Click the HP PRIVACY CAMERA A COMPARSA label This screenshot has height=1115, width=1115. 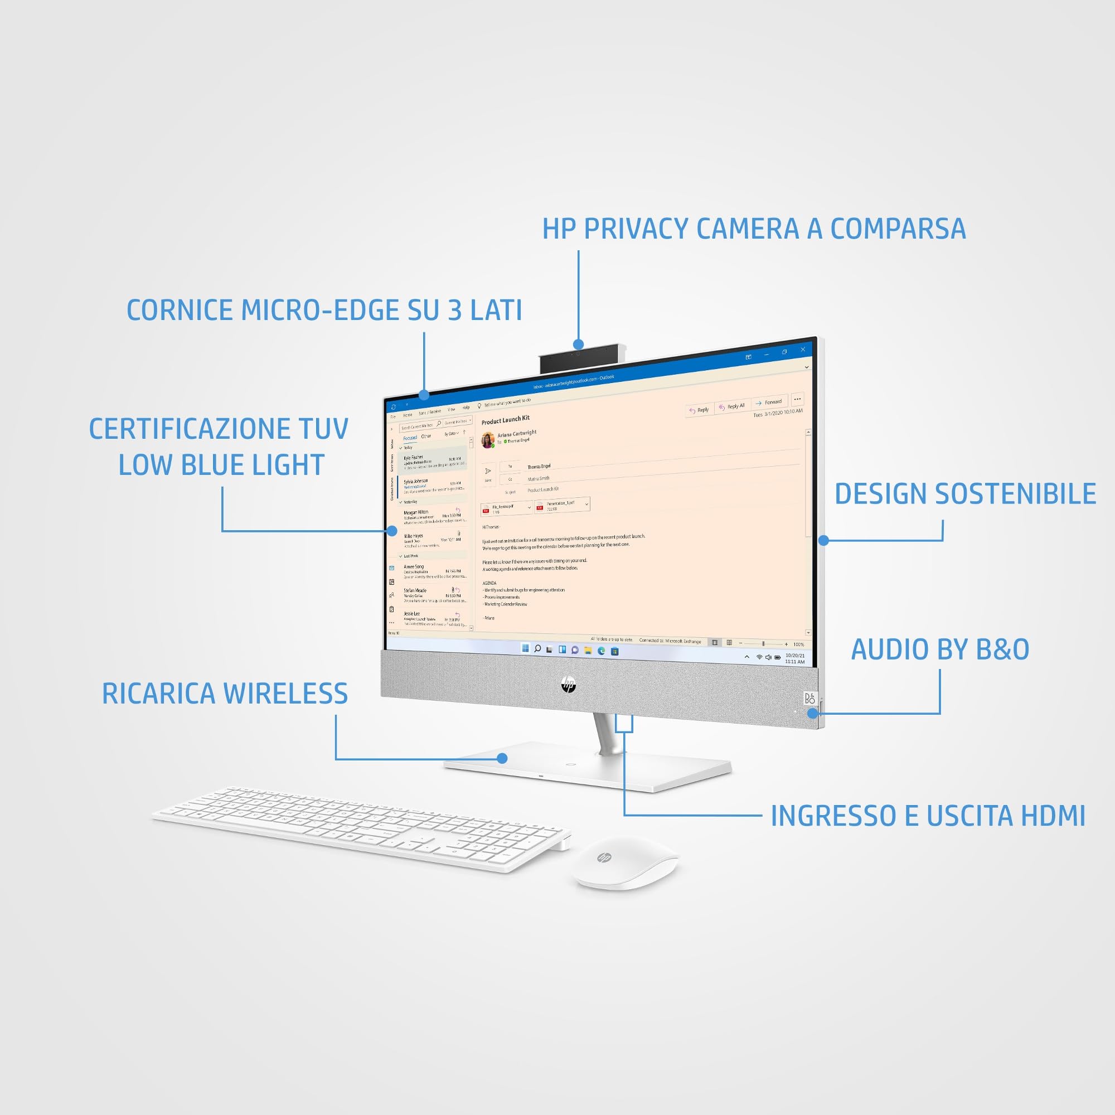click(x=754, y=229)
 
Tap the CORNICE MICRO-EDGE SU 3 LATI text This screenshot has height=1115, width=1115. click(x=324, y=310)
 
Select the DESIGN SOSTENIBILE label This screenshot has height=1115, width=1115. click(x=965, y=494)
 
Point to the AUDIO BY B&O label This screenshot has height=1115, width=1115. click(x=940, y=649)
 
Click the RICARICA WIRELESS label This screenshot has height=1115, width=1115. click(x=225, y=694)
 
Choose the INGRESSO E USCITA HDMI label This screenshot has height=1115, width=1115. click(x=928, y=816)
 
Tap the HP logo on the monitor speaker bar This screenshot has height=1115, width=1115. click(x=569, y=685)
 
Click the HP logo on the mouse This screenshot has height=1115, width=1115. click(x=604, y=858)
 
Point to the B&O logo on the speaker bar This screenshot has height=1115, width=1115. click(x=809, y=699)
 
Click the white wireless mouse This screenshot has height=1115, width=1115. click(x=626, y=864)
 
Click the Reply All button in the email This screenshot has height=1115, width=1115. click(x=732, y=406)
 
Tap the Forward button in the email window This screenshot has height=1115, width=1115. click(x=769, y=403)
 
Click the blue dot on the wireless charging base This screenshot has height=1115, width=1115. click(x=502, y=758)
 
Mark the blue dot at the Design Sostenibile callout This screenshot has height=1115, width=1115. click(x=823, y=540)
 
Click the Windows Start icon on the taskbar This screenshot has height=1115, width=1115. click(x=525, y=648)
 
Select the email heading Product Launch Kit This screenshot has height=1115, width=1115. click(x=506, y=420)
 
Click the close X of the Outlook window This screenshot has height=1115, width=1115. click(x=803, y=350)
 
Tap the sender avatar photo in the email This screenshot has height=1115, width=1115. click(x=488, y=439)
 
